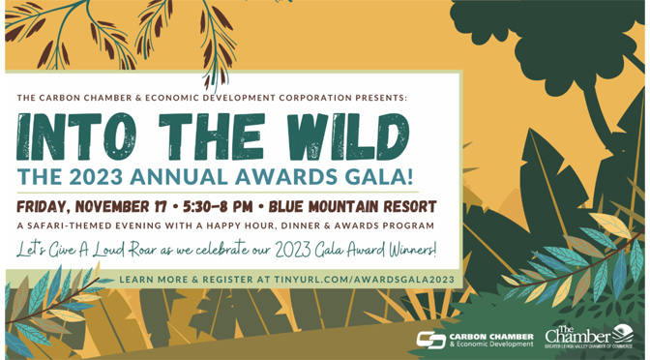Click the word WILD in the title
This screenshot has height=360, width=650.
tap(348, 136)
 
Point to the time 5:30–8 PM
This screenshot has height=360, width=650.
tap(218, 206)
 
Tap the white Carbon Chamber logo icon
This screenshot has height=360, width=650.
tap(431, 340)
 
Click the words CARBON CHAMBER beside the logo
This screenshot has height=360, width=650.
tap(491, 336)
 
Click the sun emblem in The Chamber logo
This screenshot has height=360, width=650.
tap(623, 333)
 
